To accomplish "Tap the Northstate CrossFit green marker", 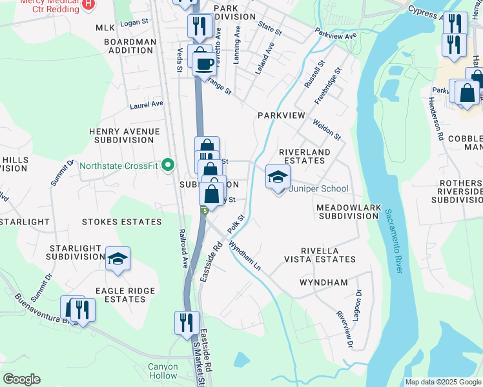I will pos(168,166).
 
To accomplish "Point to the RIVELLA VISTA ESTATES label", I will pos(319,255).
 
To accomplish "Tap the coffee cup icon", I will pos(205,64).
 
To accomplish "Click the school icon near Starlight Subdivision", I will pos(118,259).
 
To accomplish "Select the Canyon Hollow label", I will pos(162,371).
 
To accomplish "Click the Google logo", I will pos(21,379).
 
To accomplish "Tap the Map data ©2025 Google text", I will pos(442,382).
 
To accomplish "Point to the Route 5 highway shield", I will pos(204,210).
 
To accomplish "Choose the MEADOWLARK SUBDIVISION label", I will pos(347,212).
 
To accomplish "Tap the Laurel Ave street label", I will pos(146,104).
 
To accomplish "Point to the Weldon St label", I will pos(326,128).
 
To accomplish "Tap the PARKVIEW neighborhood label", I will pos(280,115).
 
